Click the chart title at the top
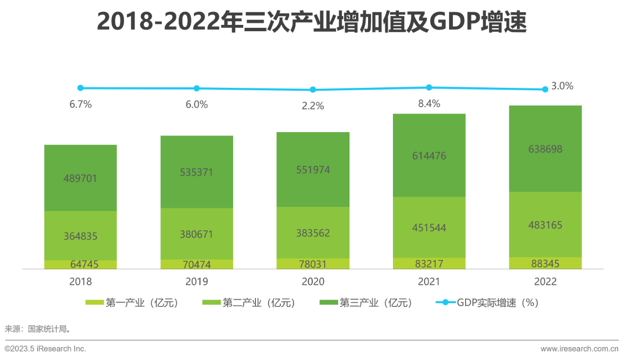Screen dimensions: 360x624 (312, 22)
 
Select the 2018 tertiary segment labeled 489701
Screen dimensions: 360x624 (80, 178)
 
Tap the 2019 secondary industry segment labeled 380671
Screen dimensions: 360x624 (196, 234)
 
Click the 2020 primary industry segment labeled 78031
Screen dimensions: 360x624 (312, 264)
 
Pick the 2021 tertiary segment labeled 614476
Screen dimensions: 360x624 (429, 156)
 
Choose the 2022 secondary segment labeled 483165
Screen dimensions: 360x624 (545, 225)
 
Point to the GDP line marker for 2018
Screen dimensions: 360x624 (80, 88)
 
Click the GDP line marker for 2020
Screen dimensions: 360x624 (313, 90)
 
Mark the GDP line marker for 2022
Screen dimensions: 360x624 (545, 89)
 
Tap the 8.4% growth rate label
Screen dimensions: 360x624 (429, 103)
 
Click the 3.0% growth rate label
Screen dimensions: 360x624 (562, 86)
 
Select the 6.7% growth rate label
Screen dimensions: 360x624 (80, 104)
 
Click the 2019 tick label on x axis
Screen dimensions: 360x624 (196, 281)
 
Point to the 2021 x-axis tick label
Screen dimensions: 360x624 (429, 281)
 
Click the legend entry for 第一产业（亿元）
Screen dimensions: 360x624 (132, 302)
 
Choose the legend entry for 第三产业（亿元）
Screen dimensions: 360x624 (366, 302)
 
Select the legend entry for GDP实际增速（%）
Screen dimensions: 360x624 (487, 302)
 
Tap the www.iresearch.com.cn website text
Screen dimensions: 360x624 (579, 349)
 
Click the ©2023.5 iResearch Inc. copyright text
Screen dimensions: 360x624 (45, 349)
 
